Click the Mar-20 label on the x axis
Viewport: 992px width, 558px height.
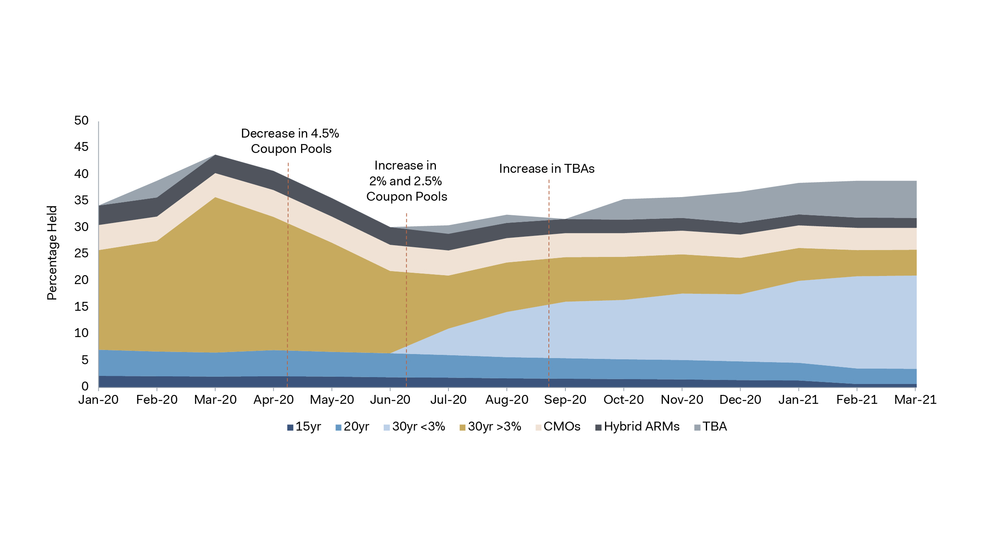(215, 400)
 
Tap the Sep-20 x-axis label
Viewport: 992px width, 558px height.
(565, 400)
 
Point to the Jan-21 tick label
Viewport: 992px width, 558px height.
(798, 400)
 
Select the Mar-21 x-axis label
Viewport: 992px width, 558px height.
(915, 400)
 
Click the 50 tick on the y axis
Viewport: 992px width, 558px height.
(81, 121)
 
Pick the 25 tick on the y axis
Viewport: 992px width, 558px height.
(81, 253)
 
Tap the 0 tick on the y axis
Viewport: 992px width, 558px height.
(85, 386)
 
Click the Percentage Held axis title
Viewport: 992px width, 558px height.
(52, 253)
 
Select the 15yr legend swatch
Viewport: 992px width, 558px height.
(290, 428)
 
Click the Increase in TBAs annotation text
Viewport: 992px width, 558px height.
(546, 169)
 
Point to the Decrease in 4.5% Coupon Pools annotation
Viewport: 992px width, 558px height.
(290, 141)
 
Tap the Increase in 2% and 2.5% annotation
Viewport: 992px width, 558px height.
(406, 181)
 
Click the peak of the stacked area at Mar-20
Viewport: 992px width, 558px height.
(215, 155)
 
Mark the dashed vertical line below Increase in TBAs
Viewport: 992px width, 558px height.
(549, 283)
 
